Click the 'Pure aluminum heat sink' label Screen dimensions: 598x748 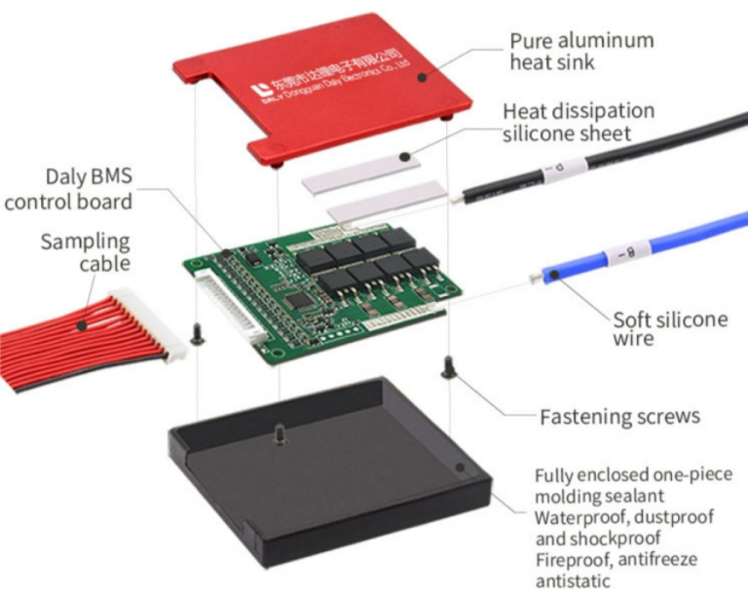pos(581,53)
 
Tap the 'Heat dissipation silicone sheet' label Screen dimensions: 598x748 pos(578,122)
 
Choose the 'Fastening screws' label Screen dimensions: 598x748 pos(619,417)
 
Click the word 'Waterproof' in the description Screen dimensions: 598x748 pos(575,516)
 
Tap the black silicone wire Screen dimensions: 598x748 pos(633,146)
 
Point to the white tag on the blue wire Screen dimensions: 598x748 pos(620,257)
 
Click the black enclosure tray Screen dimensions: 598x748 pos(321,477)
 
